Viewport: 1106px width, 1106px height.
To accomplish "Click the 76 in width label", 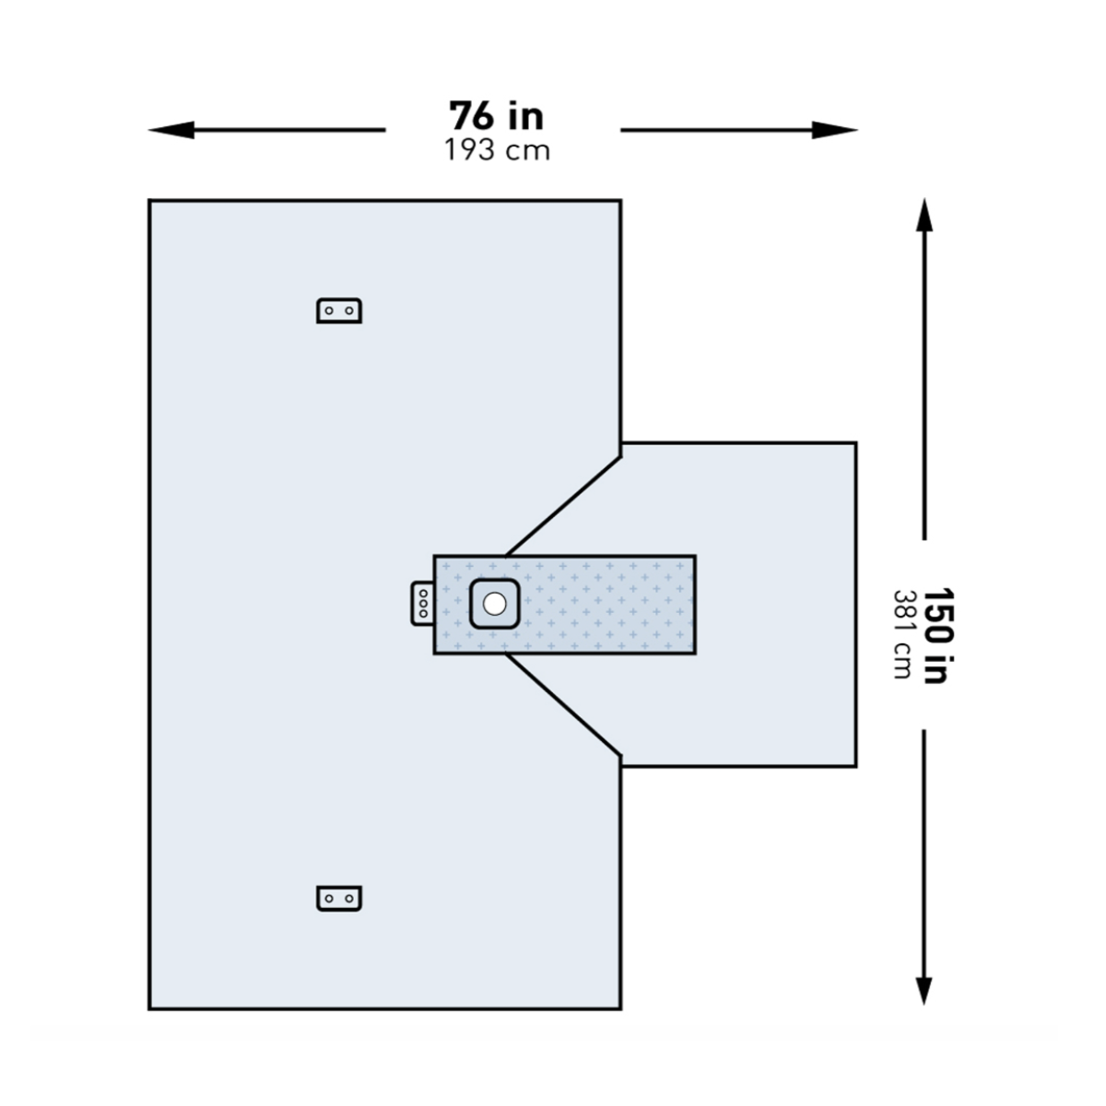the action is [x=497, y=116].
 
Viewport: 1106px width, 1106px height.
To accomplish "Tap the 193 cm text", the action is [x=497, y=151].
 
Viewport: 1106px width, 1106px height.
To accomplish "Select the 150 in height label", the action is [x=939, y=635].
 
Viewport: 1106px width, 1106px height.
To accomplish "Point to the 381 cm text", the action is [x=903, y=635].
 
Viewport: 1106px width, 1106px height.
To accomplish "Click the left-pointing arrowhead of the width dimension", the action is [x=171, y=130].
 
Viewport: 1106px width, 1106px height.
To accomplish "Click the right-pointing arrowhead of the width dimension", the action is [x=834, y=130].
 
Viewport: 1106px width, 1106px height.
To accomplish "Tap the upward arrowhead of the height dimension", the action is [x=924, y=216].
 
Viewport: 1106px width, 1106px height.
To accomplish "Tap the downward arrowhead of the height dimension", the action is [x=924, y=988].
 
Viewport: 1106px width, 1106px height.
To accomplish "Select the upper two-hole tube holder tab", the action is [x=339, y=311].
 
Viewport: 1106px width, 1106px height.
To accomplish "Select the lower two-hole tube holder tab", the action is [x=339, y=899].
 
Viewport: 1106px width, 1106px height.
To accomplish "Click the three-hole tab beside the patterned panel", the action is [x=422, y=603].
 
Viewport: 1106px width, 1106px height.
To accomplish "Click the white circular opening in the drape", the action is [x=494, y=603].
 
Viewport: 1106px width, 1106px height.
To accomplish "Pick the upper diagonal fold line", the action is [x=563, y=506].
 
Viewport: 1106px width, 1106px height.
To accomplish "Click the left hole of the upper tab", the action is [x=329, y=312].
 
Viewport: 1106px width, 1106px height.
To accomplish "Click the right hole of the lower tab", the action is [x=349, y=899].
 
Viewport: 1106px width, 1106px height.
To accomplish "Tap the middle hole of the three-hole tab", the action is [x=423, y=603].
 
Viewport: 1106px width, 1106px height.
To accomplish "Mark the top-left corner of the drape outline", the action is [x=149, y=200].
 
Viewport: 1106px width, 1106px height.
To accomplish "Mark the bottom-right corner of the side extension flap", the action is [x=856, y=766].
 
